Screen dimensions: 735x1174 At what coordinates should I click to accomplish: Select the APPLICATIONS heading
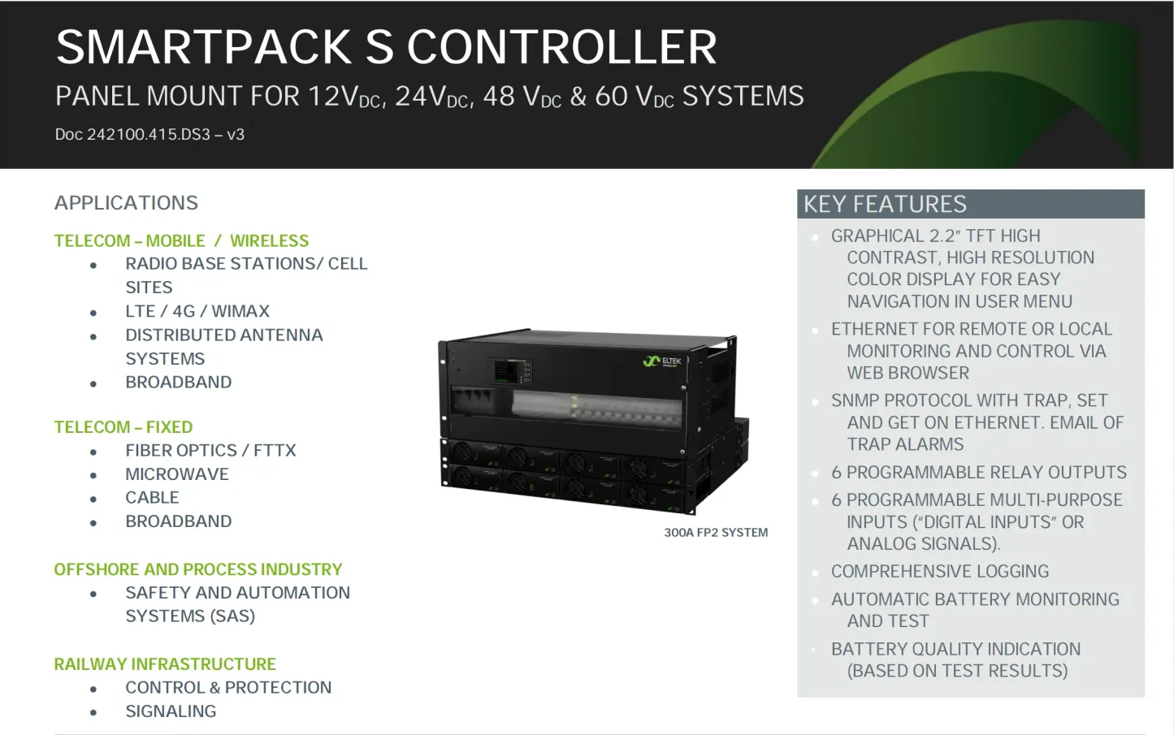coord(126,203)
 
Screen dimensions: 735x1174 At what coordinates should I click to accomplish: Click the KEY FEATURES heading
coord(885,204)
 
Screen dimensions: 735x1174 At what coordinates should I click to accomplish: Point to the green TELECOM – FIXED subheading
coord(123,427)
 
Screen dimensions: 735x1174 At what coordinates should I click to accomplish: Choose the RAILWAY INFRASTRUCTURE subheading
coord(165,664)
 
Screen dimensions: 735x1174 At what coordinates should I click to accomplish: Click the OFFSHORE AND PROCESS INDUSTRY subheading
coord(197,569)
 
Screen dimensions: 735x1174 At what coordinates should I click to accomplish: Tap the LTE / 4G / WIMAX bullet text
coord(197,311)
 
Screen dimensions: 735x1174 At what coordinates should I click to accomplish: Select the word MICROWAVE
coord(176,474)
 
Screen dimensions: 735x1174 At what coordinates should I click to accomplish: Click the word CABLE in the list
coord(152,498)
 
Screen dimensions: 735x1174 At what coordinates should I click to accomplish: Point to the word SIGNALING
coord(171,711)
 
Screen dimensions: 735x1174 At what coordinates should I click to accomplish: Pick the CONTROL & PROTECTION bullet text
coord(228,688)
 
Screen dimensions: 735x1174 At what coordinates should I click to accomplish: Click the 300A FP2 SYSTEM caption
coord(716,533)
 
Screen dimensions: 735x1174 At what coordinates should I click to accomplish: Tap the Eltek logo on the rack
coord(662,361)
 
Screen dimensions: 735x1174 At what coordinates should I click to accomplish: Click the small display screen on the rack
coord(507,373)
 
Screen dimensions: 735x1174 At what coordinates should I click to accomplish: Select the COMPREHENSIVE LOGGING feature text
coord(939,572)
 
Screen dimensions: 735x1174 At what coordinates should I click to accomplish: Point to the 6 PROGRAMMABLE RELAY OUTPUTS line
coord(978,473)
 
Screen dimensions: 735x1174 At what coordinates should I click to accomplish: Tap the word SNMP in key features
coord(854,401)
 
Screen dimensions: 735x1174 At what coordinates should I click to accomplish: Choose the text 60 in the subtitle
coord(611,97)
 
